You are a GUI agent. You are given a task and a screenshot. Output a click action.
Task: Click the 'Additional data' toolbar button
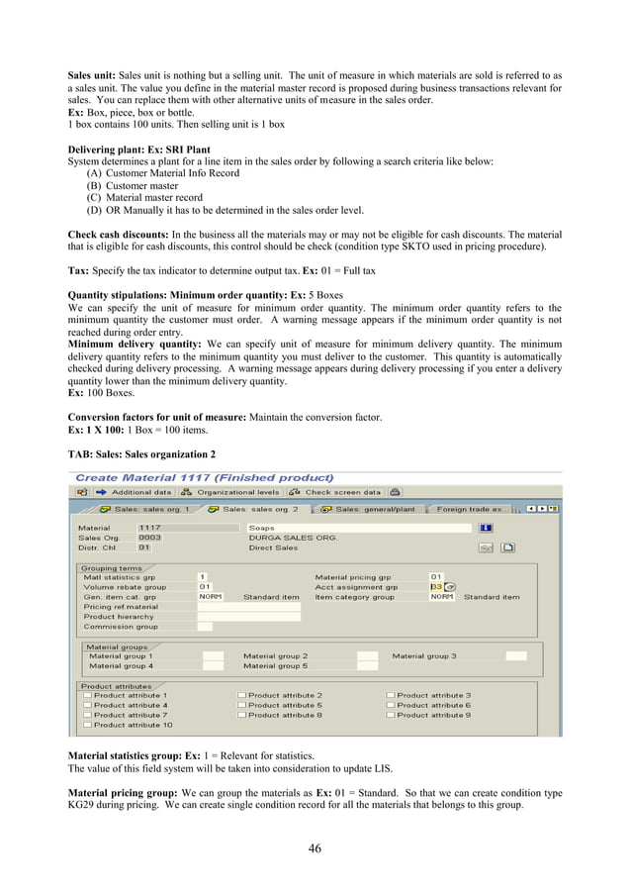[134, 492]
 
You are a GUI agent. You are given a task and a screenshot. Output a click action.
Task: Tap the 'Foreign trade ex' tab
[469, 509]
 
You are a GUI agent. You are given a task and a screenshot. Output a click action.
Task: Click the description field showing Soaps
[356, 528]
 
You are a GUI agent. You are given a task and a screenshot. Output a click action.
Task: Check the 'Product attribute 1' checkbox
[88, 695]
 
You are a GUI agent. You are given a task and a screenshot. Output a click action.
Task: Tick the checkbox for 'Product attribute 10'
[88, 725]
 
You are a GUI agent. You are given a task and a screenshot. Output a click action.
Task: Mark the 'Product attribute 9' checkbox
[391, 715]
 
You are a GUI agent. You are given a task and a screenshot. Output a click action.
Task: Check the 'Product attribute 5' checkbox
[242, 705]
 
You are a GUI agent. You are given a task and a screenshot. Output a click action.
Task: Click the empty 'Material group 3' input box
[515, 655]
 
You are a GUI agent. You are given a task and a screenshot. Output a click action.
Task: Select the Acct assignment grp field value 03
[436, 586]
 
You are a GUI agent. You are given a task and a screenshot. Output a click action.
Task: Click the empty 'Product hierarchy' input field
[248, 616]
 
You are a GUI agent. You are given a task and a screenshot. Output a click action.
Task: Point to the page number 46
[315, 847]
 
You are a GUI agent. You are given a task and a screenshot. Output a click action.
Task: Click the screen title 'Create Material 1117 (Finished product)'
[204, 477]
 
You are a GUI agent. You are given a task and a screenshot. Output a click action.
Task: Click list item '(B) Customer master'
[133, 185]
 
